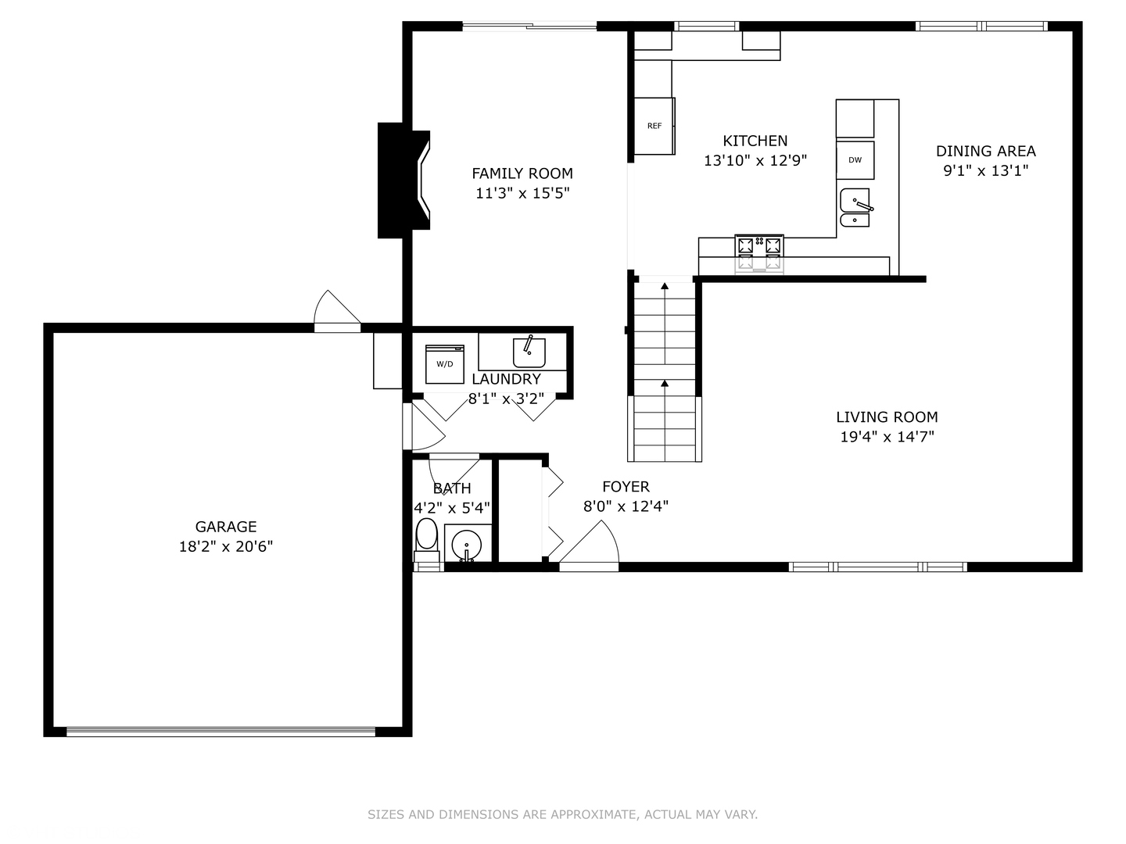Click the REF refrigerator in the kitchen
click(654, 126)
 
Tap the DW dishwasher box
click(855, 160)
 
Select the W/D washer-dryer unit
click(444, 364)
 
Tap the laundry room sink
click(529, 352)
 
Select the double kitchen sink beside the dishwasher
click(855, 208)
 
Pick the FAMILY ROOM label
click(522, 173)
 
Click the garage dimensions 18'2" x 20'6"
click(226, 546)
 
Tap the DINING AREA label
click(985, 151)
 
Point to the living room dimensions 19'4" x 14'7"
click(887, 437)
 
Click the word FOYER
click(626, 486)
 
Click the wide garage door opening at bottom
click(221, 732)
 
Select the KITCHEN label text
click(755, 141)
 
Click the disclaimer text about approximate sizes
click(562, 814)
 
